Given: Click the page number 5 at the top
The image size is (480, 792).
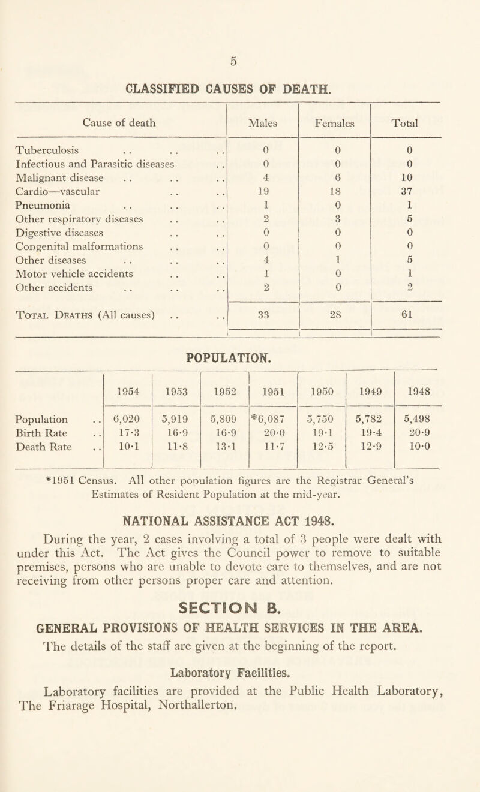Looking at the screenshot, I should (x=239, y=61).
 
